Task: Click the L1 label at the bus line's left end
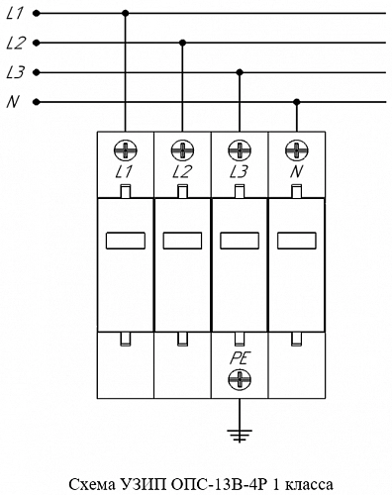15,14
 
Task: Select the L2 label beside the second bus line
16,43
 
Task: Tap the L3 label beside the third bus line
16,72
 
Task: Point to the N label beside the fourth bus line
13,102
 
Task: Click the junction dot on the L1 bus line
125,14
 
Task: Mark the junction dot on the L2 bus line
182,43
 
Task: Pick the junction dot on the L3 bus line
240,72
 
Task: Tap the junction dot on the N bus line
297,101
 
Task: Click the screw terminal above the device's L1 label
126,150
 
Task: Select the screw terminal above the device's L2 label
182,150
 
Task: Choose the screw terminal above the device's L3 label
240,150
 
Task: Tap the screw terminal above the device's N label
297,150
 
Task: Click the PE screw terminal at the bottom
240,379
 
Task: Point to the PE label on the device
241,358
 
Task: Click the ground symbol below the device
240,436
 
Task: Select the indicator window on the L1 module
126,241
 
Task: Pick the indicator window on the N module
297,241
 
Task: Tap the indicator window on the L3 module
240,241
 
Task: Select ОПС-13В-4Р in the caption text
219,485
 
